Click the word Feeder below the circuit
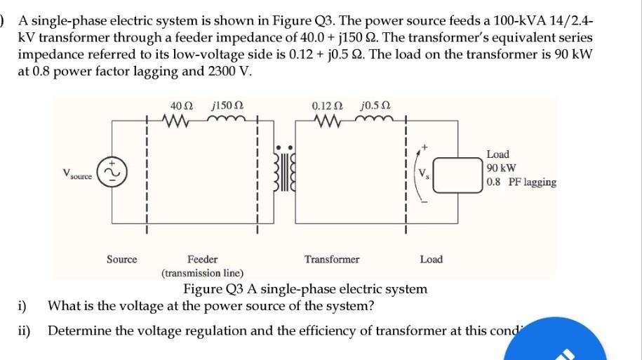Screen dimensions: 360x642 click(x=202, y=260)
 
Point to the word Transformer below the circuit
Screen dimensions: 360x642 click(x=331, y=260)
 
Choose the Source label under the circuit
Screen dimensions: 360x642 click(x=121, y=260)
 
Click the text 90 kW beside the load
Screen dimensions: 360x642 click(x=501, y=168)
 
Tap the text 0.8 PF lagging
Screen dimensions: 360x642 click(x=521, y=182)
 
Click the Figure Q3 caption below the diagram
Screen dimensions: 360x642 click(x=305, y=289)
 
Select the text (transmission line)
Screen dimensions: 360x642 click(x=202, y=273)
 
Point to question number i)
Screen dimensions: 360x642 click(x=22, y=306)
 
